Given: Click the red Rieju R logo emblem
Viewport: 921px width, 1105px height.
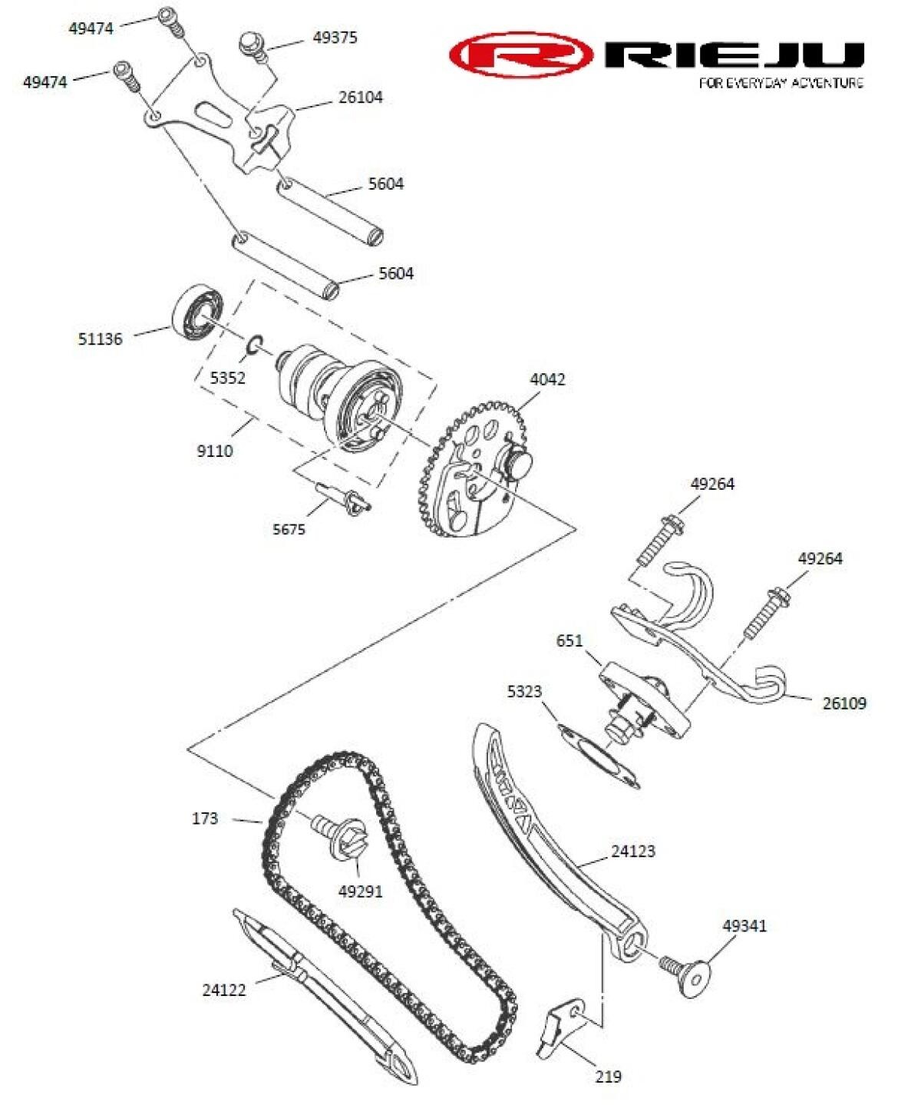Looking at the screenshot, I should tap(521, 55).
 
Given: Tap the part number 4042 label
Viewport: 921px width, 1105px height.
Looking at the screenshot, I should tap(546, 379).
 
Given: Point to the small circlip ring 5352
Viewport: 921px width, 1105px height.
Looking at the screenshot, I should tap(256, 346).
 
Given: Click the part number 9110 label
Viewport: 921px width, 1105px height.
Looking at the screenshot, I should tap(215, 451).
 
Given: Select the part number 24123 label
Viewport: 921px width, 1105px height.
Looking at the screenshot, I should tap(633, 851).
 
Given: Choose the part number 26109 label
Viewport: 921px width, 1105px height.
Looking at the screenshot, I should tap(844, 703).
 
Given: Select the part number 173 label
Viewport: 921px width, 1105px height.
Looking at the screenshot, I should tap(205, 819).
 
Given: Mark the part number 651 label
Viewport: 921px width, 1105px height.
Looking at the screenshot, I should tap(569, 640).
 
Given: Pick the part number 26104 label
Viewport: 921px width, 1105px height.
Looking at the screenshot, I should tap(360, 98).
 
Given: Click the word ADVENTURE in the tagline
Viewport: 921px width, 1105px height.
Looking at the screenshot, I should tap(827, 83).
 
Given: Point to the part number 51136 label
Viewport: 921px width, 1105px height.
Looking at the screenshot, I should tap(100, 339).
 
